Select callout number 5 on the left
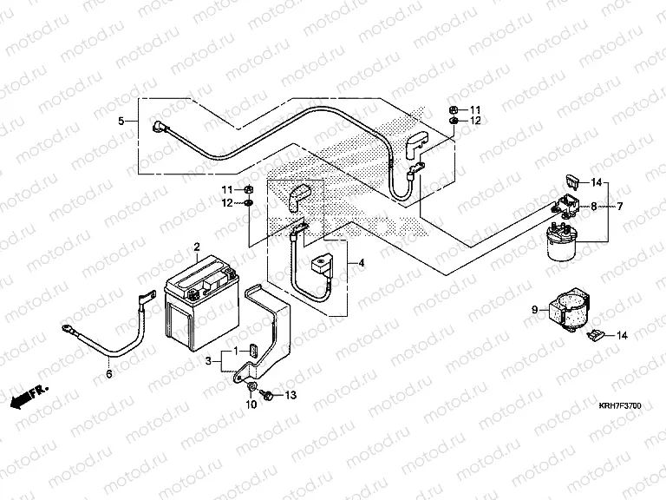coord(122,121)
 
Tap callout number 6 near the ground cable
coord(108,374)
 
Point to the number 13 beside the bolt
coord(291,396)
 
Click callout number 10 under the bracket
coord(251,405)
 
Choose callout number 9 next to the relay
coord(534,307)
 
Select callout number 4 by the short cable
coord(362,263)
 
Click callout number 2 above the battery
coord(197,247)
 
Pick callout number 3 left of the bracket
coord(208,360)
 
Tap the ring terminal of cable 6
coord(66,329)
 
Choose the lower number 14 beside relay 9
coord(623,334)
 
